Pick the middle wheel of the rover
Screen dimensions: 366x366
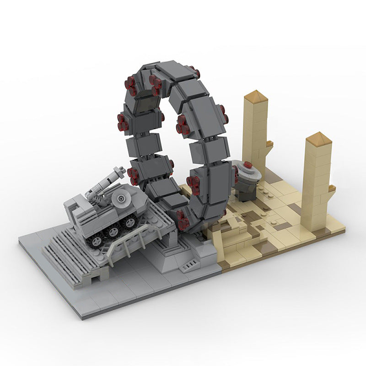[x=113, y=232]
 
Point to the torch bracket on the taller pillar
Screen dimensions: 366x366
[x=269, y=145]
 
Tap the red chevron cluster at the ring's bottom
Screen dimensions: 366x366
[x=183, y=221]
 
